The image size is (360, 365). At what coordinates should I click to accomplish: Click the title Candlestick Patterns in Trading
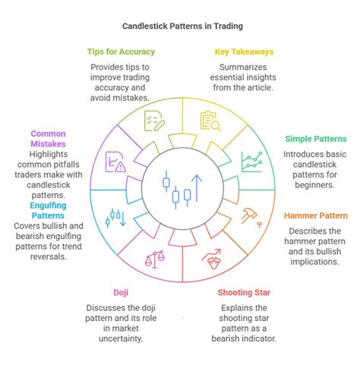pyautogui.click(x=182, y=27)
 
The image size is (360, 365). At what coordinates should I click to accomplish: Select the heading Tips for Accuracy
pyautogui.click(x=121, y=52)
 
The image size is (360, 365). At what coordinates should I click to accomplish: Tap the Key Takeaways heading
pyautogui.click(x=244, y=52)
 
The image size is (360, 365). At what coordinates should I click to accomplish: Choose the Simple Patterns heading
pyautogui.click(x=316, y=139)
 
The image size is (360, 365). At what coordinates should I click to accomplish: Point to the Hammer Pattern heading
pyautogui.click(x=316, y=216)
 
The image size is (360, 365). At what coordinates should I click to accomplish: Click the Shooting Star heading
pyautogui.click(x=244, y=293)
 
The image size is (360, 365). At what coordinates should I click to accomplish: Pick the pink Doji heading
pyautogui.click(x=121, y=293)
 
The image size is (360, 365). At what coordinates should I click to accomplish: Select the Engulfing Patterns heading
pyautogui.click(x=48, y=210)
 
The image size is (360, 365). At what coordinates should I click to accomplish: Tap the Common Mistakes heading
pyautogui.click(x=48, y=139)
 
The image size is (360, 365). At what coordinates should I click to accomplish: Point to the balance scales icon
pyautogui.click(x=155, y=259)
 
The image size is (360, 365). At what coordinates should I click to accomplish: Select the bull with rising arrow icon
pyautogui.click(x=212, y=259)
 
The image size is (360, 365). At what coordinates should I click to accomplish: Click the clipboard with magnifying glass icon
pyautogui.click(x=210, y=121)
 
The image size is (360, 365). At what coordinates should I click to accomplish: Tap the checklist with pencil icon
pyautogui.click(x=154, y=121)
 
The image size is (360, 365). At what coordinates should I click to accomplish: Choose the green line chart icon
pyautogui.click(x=252, y=162)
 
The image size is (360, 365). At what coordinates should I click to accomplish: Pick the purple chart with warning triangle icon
pyautogui.click(x=115, y=162)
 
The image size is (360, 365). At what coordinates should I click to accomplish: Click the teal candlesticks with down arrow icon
pyautogui.click(x=115, y=218)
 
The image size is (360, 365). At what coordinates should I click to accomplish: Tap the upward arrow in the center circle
pyautogui.click(x=197, y=188)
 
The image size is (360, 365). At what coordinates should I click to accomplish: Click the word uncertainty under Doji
pyautogui.click(x=121, y=338)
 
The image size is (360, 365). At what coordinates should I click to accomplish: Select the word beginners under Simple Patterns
pyautogui.click(x=314, y=185)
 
